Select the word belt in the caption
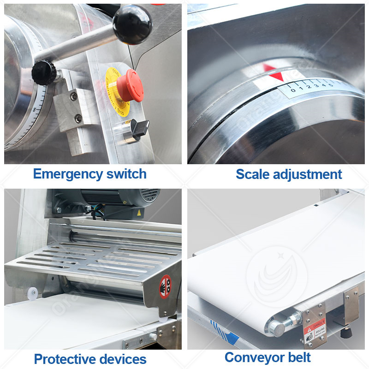300,357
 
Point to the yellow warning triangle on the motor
138,213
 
